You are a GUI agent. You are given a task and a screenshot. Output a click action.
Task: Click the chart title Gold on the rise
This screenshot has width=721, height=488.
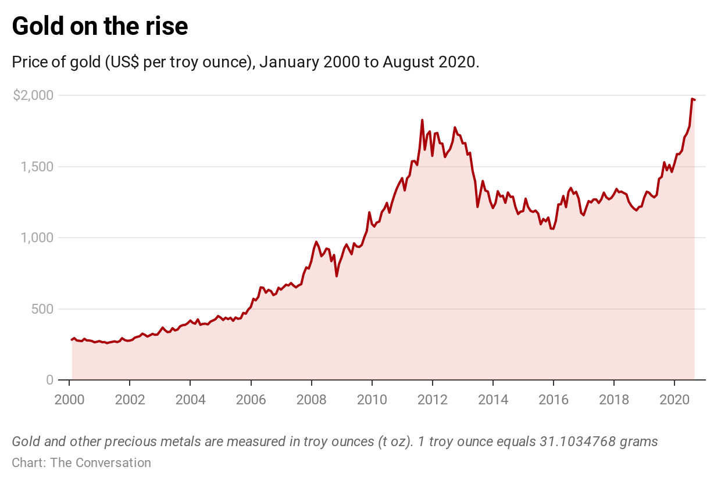pyautogui.click(x=99, y=27)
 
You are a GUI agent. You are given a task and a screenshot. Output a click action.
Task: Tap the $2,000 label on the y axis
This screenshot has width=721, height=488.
pyautogui.click(x=33, y=95)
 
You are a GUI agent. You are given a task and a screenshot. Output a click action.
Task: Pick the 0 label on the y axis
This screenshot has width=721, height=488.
pyautogui.click(x=49, y=380)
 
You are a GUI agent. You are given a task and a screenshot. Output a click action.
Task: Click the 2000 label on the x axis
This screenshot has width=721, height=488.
pyautogui.click(x=69, y=400)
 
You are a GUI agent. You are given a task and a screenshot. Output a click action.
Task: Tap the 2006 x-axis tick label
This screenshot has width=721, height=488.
pyautogui.click(x=251, y=400)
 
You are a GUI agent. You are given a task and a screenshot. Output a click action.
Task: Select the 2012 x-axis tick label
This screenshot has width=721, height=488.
pyautogui.click(x=432, y=400)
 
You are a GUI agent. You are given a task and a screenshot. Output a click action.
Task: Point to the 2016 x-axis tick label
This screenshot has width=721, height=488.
pyautogui.click(x=553, y=400)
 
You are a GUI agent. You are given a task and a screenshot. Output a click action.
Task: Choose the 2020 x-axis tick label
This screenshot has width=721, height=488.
pyautogui.click(x=674, y=400)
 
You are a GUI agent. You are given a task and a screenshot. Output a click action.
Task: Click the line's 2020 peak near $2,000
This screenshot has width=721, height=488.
pyautogui.click(x=692, y=99)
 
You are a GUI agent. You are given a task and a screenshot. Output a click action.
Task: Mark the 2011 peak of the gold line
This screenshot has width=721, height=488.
pyautogui.click(x=422, y=120)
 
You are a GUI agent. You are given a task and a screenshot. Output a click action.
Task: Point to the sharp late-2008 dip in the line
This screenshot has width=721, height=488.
pyautogui.click(x=337, y=275)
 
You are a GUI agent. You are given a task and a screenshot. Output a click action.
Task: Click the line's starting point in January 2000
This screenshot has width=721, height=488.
pyautogui.click(x=72, y=340)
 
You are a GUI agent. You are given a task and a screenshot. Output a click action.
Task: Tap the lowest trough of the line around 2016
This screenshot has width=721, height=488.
pyautogui.click(x=552, y=228)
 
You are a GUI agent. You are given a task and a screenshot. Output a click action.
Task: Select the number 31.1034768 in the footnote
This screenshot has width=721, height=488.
pyautogui.click(x=569, y=442)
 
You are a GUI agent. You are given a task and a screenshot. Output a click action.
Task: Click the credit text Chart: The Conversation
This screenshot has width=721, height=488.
pyautogui.click(x=81, y=463)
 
